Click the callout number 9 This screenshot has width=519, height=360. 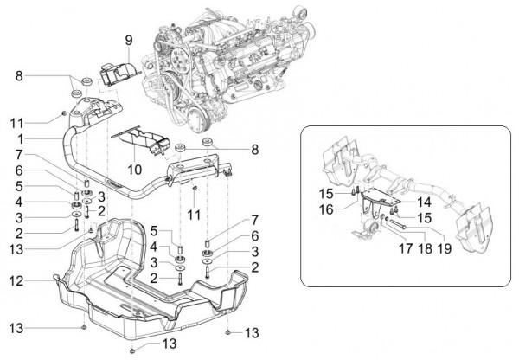(x=128, y=40)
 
